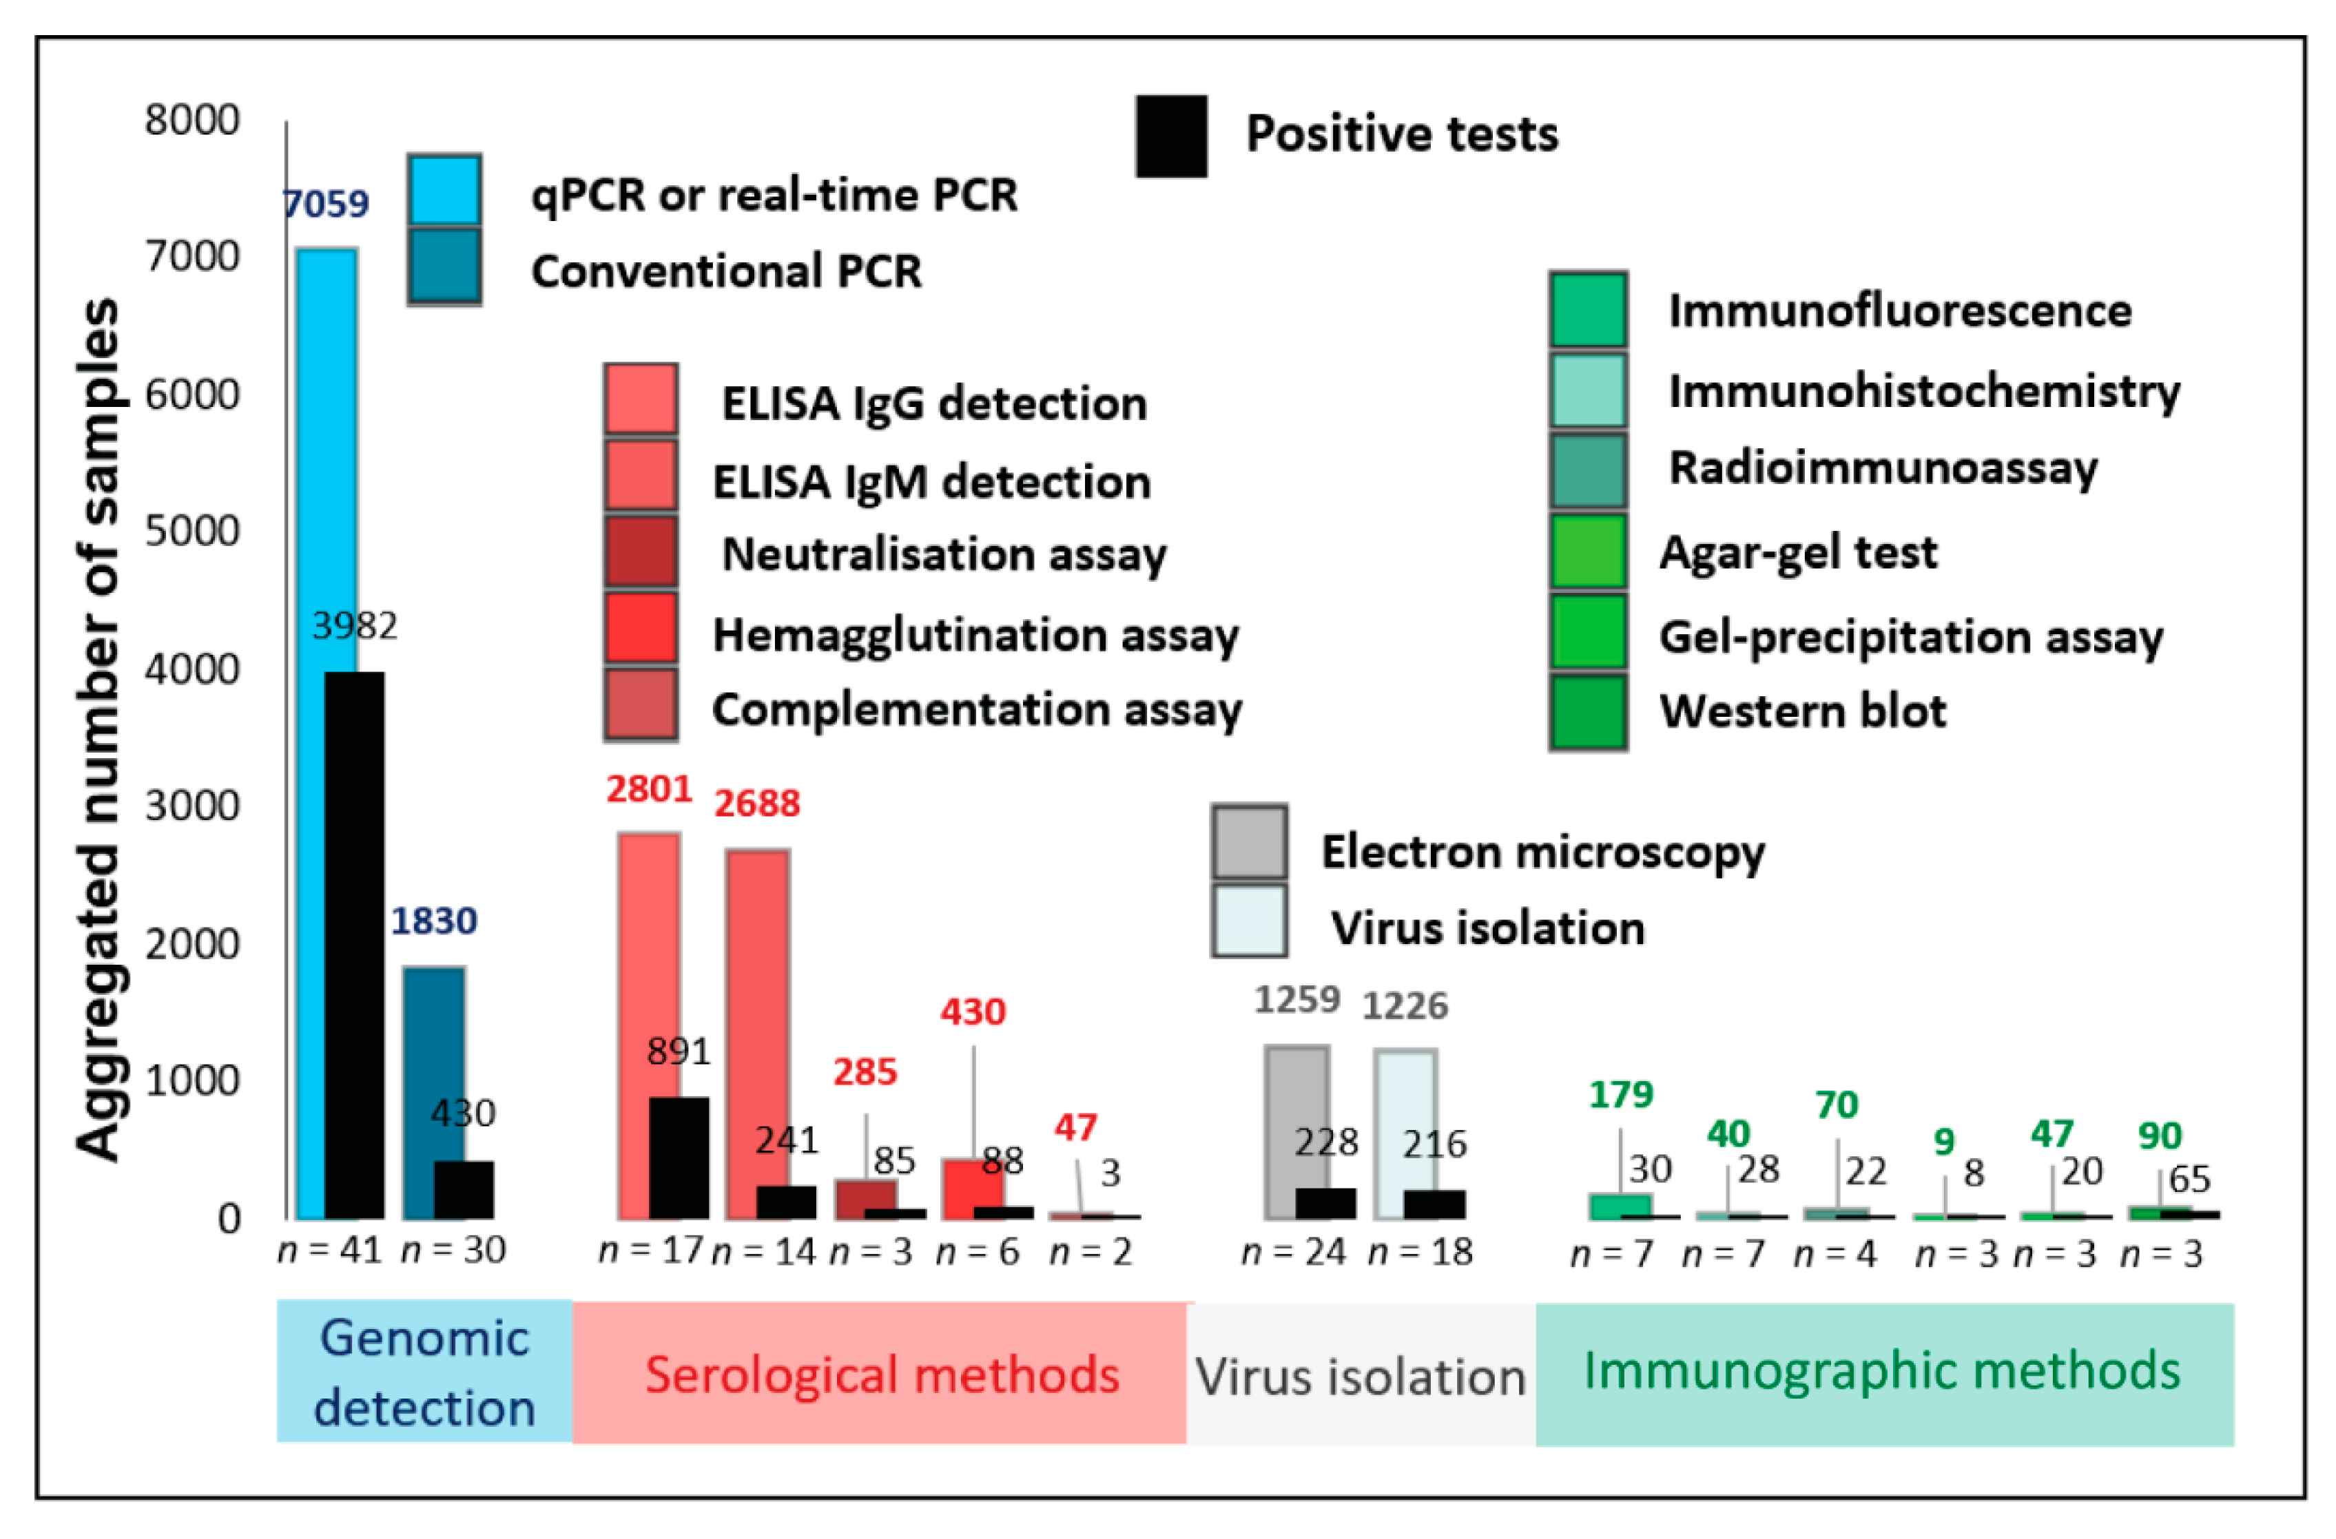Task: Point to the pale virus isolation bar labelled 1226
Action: [1404, 1119]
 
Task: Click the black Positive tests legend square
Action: [1171, 136]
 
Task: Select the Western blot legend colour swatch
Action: [1588, 711]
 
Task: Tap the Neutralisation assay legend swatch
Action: [640, 552]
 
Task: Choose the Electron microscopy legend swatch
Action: [1248, 842]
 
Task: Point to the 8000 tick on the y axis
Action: [192, 121]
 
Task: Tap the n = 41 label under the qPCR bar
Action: [331, 1250]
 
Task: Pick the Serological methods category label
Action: [882, 1374]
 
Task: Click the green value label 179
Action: [1620, 1093]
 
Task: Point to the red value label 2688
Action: [756, 803]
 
